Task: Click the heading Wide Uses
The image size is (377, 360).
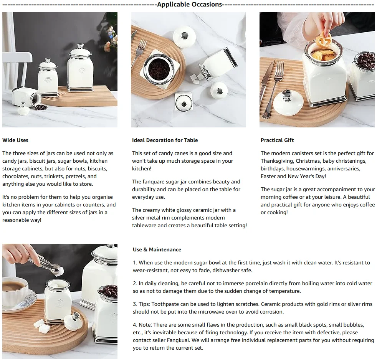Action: pos(15,140)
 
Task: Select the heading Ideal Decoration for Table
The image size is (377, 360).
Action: pos(165,140)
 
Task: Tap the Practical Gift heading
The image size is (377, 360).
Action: pos(277,140)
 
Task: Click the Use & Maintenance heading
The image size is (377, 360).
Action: pos(157,249)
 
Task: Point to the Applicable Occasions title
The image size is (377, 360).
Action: pos(190,4)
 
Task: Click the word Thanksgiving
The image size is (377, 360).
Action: pos(276,161)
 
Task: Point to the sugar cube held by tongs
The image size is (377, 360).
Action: pos(60,271)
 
